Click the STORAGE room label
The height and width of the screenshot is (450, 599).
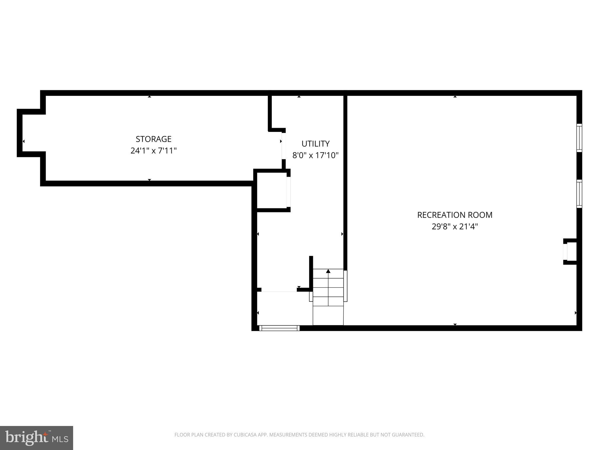(x=153, y=139)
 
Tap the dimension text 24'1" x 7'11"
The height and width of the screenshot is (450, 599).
(x=153, y=151)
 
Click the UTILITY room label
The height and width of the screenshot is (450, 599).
(x=315, y=144)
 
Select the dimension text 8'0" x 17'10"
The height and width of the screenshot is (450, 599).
(x=315, y=155)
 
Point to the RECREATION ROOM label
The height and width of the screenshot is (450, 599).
(x=455, y=215)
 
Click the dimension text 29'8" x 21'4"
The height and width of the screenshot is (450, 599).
(x=455, y=226)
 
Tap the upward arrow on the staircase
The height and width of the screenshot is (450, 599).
(x=328, y=271)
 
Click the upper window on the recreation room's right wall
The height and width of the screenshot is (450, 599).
(x=579, y=138)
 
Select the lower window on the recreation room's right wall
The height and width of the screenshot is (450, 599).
(x=579, y=194)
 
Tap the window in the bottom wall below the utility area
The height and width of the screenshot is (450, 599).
(x=279, y=328)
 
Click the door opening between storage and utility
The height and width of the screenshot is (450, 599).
(x=283, y=146)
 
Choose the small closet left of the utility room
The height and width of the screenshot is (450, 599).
(x=271, y=190)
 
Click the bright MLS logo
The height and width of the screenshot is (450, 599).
(x=37, y=438)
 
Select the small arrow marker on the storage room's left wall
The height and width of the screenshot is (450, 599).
(x=24, y=141)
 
